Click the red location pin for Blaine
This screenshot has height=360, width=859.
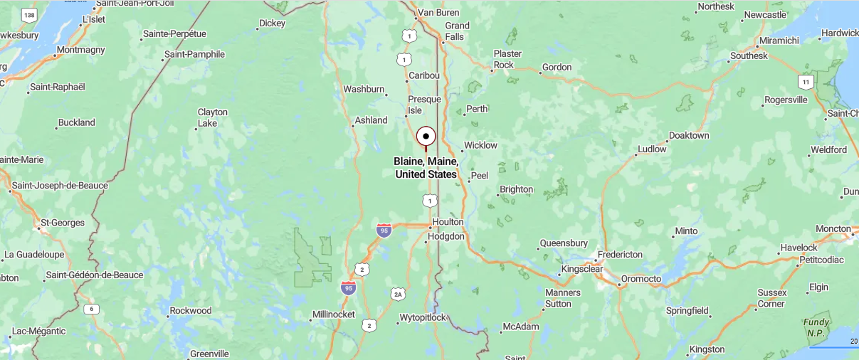pyautogui.click(x=426, y=137)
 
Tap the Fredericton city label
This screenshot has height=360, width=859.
pyautogui.click(x=620, y=254)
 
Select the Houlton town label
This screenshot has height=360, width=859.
pyautogui.click(x=448, y=222)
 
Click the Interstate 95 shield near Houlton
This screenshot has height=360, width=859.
pyautogui.click(x=384, y=230)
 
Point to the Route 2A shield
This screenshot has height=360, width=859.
pyautogui.click(x=397, y=294)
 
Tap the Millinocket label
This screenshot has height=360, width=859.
pyautogui.click(x=333, y=314)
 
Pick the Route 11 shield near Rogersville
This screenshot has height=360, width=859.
pyautogui.click(x=806, y=82)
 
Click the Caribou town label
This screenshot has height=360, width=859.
pyautogui.click(x=424, y=75)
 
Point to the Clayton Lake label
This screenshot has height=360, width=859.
pyautogui.click(x=212, y=117)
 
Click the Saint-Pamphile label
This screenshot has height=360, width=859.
pyautogui.click(x=194, y=54)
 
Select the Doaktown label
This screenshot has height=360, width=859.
pyautogui.click(x=689, y=135)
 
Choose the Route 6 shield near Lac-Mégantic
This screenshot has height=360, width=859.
pyautogui.click(x=90, y=309)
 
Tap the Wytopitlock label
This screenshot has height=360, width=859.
pyautogui.click(x=423, y=317)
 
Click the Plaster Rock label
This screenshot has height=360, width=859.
pyautogui.click(x=507, y=59)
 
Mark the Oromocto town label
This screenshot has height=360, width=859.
pyautogui.click(x=641, y=279)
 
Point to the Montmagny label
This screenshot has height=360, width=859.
pyautogui.click(x=80, y=50)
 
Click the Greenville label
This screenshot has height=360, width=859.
pyautogui.click(x=209, y=354)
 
